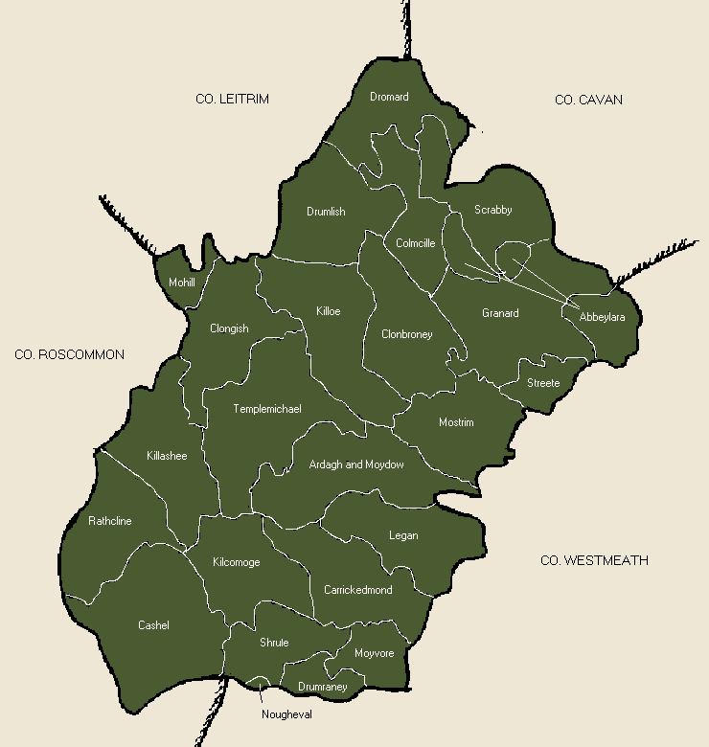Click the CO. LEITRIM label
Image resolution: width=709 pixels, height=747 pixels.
[232, 100]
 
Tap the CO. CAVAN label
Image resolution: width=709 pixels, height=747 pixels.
[588, 100]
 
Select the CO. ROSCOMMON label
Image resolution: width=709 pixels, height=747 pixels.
[70, 354]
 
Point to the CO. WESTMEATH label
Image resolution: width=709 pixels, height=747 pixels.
[594, 560]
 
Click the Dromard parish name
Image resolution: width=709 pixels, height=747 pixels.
[389, 97]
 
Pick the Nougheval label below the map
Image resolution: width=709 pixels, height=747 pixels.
[286, 713]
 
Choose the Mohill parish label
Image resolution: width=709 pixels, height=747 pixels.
[182, 283]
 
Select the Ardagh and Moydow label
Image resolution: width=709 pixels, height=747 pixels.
[356, 464]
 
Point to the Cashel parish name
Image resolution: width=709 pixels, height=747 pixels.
[153, 625]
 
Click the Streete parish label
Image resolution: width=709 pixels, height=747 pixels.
[543, 383]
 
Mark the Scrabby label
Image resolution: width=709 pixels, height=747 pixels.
[493, 210]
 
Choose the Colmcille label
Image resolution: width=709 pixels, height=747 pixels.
[416, 243]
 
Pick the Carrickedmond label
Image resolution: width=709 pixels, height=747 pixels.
[358, 590]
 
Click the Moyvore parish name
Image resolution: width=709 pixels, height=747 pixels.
[374, 653]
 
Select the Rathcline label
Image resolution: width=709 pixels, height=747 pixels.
[110, 521]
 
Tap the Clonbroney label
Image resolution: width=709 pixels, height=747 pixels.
[407, 334]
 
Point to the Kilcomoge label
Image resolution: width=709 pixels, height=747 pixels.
[237, 562]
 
